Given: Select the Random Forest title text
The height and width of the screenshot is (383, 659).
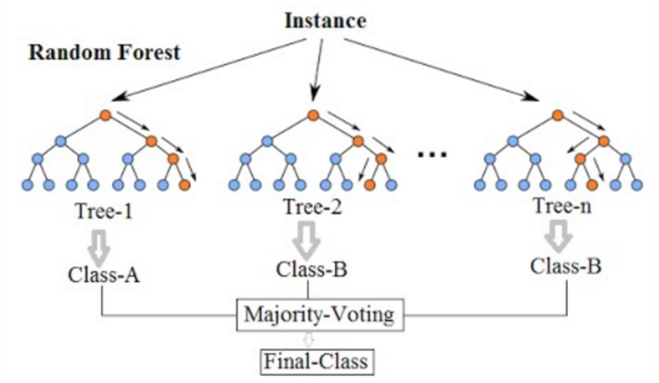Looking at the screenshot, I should click(106, 52).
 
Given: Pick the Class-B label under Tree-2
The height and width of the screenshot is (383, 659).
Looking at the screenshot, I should click(311, 270).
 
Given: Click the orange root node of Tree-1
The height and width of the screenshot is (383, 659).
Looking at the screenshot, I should click(106, 115).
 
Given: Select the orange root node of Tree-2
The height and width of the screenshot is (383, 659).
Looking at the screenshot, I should click(312, 115).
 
